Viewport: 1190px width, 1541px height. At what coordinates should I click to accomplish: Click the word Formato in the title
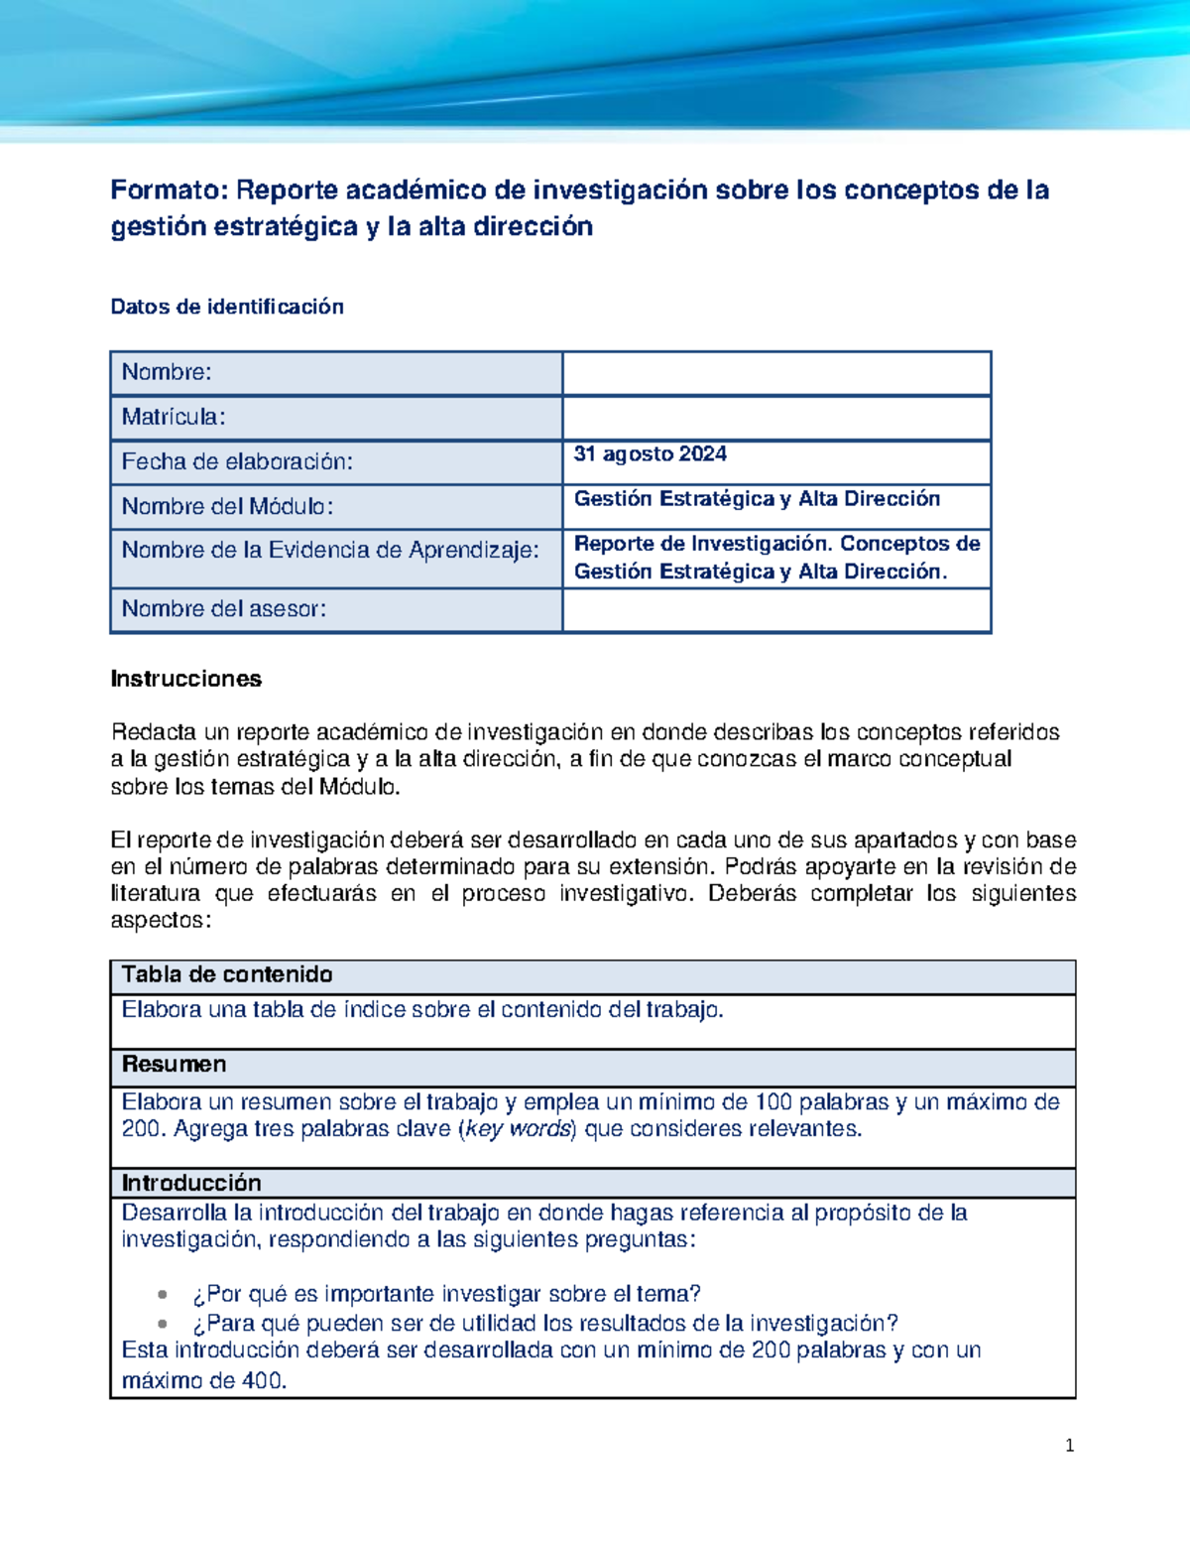click(x=169, y=190)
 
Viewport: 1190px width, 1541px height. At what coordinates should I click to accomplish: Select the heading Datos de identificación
click(x=227, y=307)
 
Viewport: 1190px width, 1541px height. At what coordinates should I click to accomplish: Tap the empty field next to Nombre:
click(x=776, y=373)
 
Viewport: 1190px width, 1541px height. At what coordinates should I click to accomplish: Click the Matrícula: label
click(x=174, y=417)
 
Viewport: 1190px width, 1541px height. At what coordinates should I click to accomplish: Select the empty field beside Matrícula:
click(x=776, y=418)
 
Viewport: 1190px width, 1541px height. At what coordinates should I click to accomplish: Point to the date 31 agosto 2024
click(x=651, y=454)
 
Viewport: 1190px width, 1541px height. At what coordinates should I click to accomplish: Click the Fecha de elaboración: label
click(x=237, y=461)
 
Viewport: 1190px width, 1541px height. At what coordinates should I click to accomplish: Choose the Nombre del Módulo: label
click(x=227, y=506)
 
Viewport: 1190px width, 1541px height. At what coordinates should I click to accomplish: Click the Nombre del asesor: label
click(x=224, y=609)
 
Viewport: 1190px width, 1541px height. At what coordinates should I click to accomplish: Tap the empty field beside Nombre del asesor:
click(x=776, y=610)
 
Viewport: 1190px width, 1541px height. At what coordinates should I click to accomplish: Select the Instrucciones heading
click(x=186, y=679)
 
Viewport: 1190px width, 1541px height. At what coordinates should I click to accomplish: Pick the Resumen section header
click(x=175, y=1065)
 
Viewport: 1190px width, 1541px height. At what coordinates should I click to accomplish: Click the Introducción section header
click(x=191, y=1183)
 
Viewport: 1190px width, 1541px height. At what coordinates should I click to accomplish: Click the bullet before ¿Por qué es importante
click(x=163, y=1294)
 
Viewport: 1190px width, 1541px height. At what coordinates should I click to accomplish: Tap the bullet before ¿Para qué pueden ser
click(x=163, y=1324)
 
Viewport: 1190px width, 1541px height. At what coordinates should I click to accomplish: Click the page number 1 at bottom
click(x=1069, y=1446)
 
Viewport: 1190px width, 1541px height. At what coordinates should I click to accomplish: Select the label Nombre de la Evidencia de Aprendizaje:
click(x=330, y=550)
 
